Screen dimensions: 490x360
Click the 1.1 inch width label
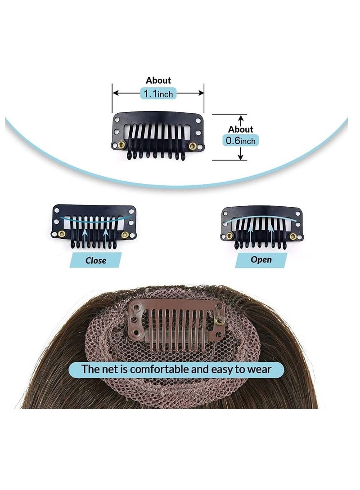coord(158,94)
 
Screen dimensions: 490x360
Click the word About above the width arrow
coord(158,80)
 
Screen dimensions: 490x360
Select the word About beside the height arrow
coord(241,129)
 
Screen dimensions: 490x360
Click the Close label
coord(95,260)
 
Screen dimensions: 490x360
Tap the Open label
coord(261,259)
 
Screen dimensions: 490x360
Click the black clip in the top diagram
coord(157,133)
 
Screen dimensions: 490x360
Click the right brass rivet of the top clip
coord(193,146)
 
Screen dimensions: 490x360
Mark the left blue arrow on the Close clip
coord(85,234)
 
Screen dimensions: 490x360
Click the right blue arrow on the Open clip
coord(271,233)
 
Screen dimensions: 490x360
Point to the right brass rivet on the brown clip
coord(219,320)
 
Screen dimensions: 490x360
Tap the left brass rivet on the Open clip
coord(229,236)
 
